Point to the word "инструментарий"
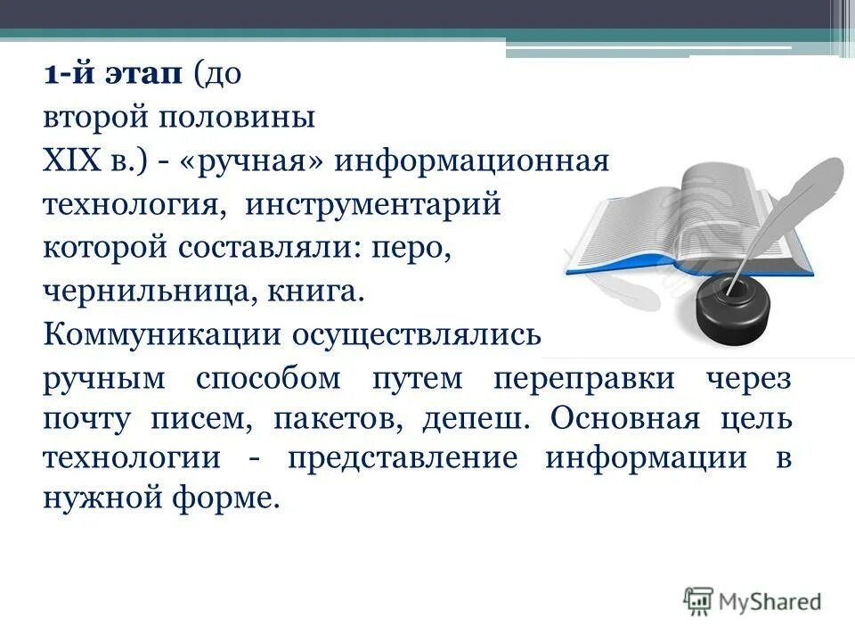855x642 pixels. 375,205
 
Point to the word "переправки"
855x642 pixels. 584,378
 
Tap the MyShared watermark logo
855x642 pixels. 753,601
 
